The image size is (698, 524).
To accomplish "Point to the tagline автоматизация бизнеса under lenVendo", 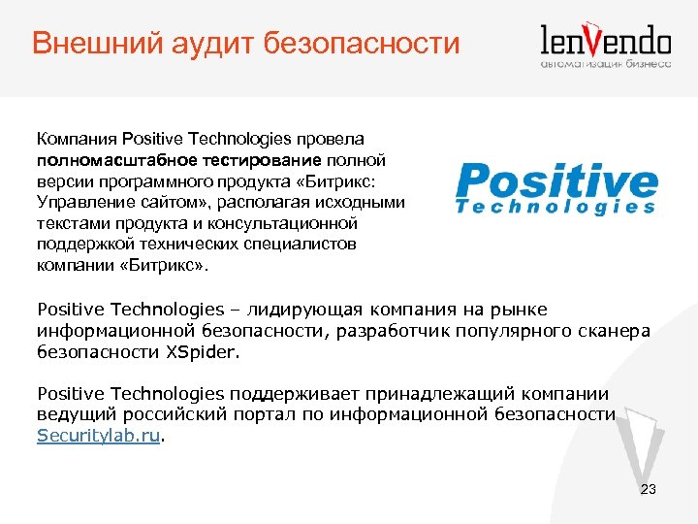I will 605,64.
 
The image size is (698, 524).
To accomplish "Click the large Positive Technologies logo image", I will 555,186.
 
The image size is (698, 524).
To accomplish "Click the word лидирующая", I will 300,310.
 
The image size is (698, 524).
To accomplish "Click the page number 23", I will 649,489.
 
